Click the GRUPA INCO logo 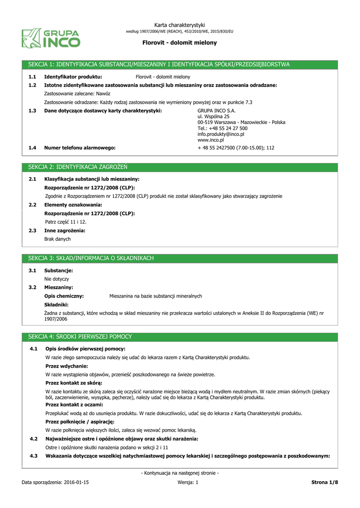click(50, 38)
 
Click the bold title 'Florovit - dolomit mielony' click(180, 43)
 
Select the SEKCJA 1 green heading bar click(180, 64)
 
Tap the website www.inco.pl click(211, 140)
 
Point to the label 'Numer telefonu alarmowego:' click(79, 148)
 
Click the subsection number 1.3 click(32, 111)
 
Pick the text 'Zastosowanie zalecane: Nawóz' click(77, 93)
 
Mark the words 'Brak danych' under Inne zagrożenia click(58, 239)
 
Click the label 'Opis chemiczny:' click(64, 296)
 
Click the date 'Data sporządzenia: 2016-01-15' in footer click(55, 482)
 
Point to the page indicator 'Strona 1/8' click(324, 482)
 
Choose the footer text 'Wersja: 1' click(188, 482)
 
